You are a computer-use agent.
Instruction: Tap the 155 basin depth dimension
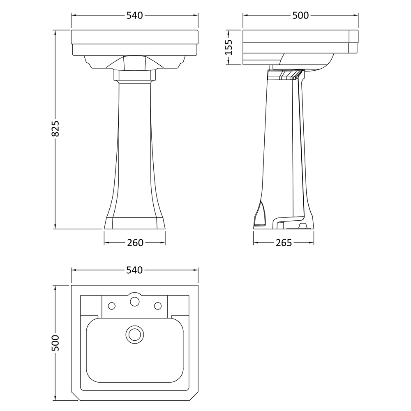[229, 47]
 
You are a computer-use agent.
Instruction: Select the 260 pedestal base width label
[135, 243]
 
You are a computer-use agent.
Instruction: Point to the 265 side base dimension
[284, 243]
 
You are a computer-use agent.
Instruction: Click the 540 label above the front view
[135, 16]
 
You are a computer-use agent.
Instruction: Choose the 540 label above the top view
[135, 270]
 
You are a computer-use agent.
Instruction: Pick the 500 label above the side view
[300, 16]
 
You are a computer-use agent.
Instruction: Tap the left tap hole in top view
[111, 305]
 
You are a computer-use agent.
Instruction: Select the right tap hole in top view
[157, 305]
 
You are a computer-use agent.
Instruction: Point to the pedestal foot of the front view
[134, 222]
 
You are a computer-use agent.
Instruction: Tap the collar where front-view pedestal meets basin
[134, 75]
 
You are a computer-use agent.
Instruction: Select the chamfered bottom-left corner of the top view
[75, 397]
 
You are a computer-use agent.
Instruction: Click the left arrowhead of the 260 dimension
[106, 243]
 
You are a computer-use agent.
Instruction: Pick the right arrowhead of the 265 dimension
[313, 243]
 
